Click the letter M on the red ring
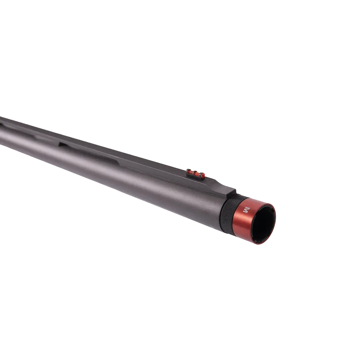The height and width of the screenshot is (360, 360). pos(247,210)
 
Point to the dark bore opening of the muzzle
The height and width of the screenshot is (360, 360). pos(265,223)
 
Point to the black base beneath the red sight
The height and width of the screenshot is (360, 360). pos(196,177)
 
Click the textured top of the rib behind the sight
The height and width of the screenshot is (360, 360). pos(144,158)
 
